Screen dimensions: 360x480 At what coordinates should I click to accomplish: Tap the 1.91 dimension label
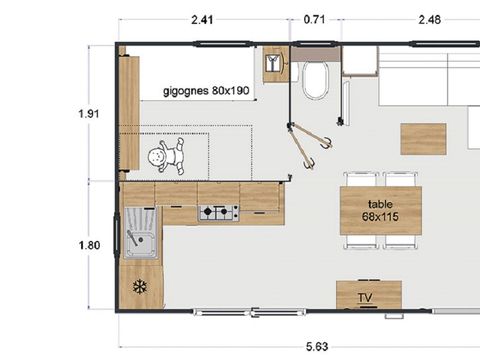coord(89,114)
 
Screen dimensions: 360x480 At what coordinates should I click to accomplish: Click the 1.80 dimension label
coord(89,243)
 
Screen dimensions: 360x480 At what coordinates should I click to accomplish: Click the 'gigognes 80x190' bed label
coord(206,90)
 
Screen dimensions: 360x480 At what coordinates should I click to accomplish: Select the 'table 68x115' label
coord(380,211)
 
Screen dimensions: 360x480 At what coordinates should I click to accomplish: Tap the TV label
coord(368,298)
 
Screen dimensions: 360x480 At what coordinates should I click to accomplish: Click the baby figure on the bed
coord(166,157)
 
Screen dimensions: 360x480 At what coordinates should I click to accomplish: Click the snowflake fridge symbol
coord(139,287)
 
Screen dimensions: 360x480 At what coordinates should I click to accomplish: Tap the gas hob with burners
coord(219,212)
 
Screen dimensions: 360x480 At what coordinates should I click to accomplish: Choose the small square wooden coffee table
coord(423,138)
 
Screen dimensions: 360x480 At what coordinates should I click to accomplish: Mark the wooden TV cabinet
coord(368,294)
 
